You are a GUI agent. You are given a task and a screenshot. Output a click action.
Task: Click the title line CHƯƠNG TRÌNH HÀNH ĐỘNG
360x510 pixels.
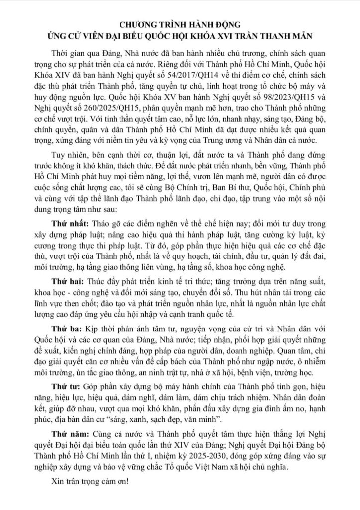pyautogui.click(x=180, y=23)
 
